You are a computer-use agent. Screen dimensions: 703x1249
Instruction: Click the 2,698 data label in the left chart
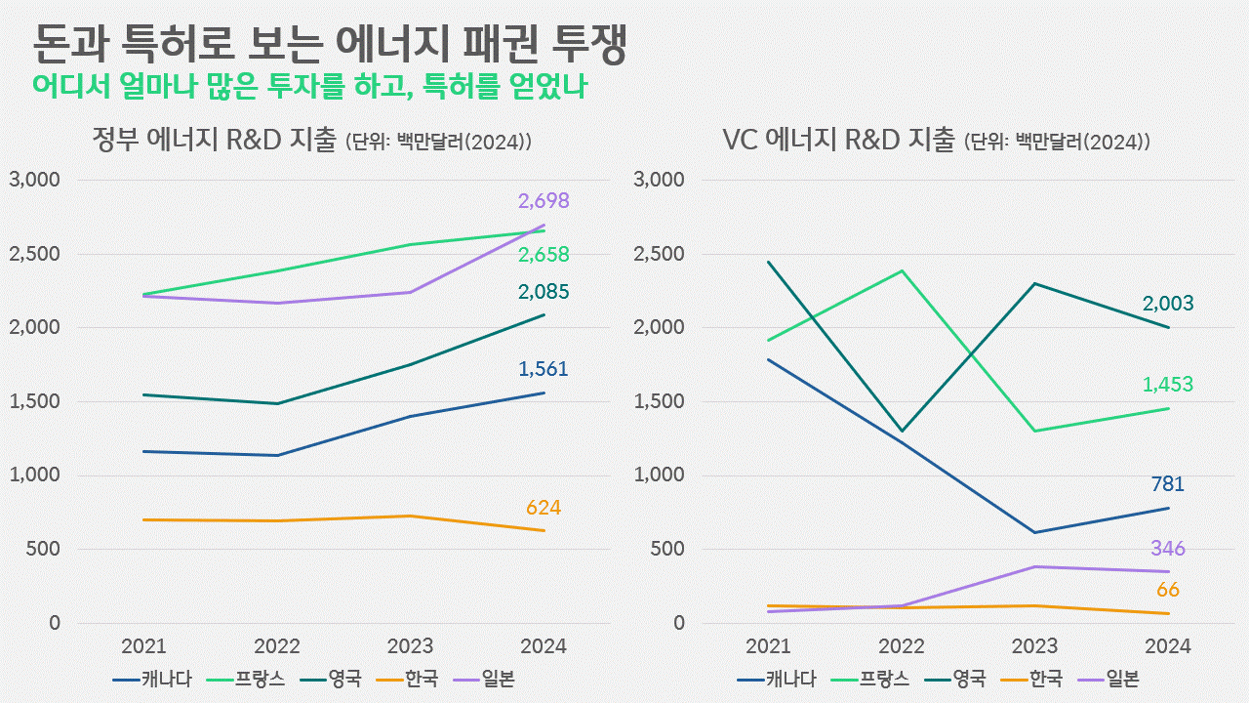(544, 202)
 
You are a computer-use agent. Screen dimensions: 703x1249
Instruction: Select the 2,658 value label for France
(544, 255)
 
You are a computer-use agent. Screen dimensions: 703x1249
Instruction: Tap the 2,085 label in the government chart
(544, 292)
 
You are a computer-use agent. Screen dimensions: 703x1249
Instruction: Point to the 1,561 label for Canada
(543, 369)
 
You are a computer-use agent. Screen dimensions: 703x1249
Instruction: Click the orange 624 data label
(544, 508)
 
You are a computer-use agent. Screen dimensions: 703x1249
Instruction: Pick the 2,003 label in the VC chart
(1168, 304)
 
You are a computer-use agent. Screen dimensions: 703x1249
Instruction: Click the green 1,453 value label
(1168, 385)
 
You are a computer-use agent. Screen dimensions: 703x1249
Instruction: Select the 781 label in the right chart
(1167, 484)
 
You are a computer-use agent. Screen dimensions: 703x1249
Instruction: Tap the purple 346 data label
(1167, 549)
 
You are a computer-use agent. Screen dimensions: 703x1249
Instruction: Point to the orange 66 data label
(1168, 590)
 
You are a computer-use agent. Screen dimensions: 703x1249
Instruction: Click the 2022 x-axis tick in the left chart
(276, 646)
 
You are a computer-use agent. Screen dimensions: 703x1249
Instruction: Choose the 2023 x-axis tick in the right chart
(1034, 646)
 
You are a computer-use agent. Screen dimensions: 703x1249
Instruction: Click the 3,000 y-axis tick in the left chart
(34, 181)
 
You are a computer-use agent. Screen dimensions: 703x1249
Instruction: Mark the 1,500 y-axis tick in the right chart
(659, 402)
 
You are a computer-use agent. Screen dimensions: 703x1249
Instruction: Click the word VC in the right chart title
(741, 141)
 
